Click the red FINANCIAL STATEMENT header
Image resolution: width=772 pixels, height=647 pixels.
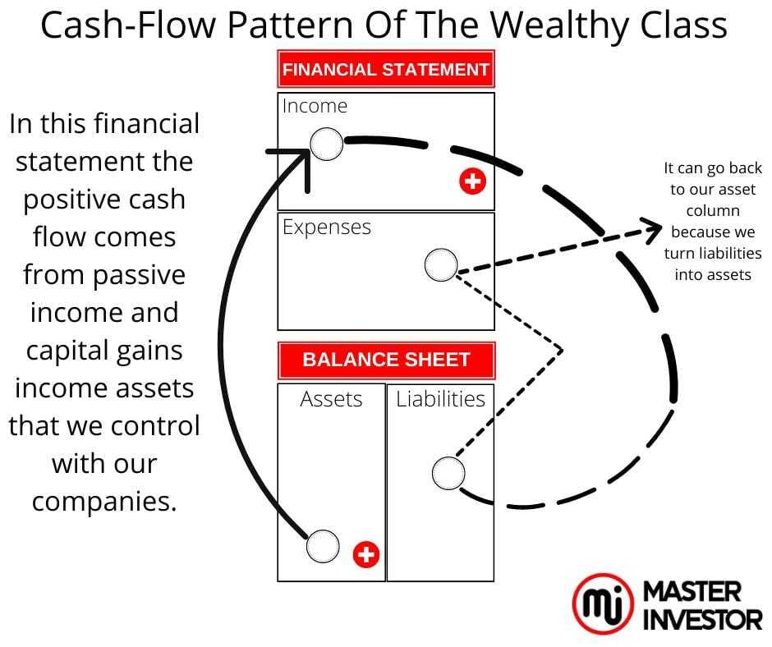pyautogui.click(x=385, y=70)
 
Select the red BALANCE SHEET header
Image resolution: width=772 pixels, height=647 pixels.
pyautogui.click(x=385, y=360)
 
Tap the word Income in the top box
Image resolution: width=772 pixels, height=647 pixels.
pyautogui.click(x=315, y=106)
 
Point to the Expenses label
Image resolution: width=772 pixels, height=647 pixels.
pyautogui.click(x=327, y=227)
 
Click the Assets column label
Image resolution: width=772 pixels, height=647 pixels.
pyautogui.click(x=331, y=399)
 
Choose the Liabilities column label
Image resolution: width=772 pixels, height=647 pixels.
pyautogui.click(x=440, y=399)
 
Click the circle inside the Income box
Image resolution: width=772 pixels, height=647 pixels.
pyautogui.click(x=326, y=145)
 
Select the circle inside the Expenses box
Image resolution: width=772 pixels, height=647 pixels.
pyautogui.click(x=441, y=265)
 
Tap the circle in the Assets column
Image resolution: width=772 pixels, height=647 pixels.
pyautogui.click(x=322, y=546)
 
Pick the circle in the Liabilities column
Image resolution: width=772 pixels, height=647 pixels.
pyautogui.click(x=448, y=473)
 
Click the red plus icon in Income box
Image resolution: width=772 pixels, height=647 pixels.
pyautogui.click(x=472, y=182)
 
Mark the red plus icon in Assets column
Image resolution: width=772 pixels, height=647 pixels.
pyautogui.click(x=366, y=555)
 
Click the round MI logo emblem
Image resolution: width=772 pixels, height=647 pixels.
pyautogui.click(x=603, y=604)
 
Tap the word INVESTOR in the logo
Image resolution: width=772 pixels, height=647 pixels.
pyautogui.click(x=701, y=619)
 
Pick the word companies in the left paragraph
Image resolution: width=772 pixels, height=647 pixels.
pyautogui.click(x=104, y=502)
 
